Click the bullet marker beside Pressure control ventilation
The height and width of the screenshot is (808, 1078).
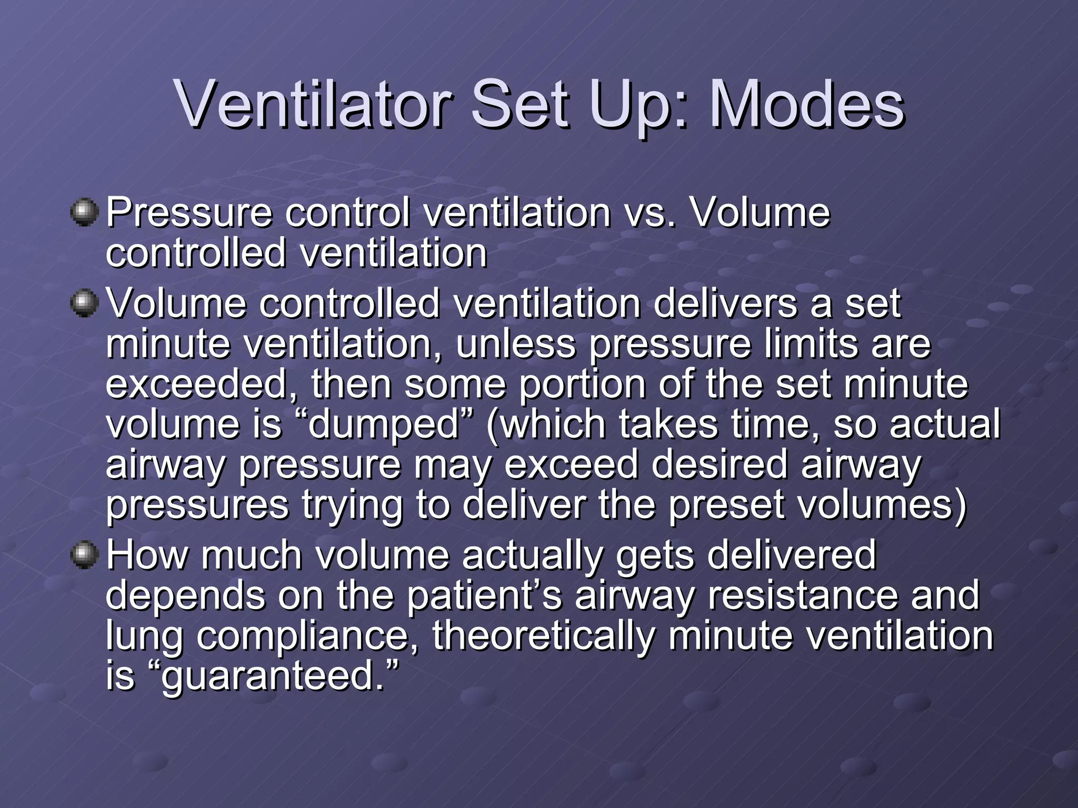(x=84, y=213)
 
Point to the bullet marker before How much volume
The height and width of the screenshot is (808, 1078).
(x=84, y=555)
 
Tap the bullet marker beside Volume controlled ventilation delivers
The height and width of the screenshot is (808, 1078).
(x=84, y=304)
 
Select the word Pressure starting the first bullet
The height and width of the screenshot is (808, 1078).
(x=189, y=213)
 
